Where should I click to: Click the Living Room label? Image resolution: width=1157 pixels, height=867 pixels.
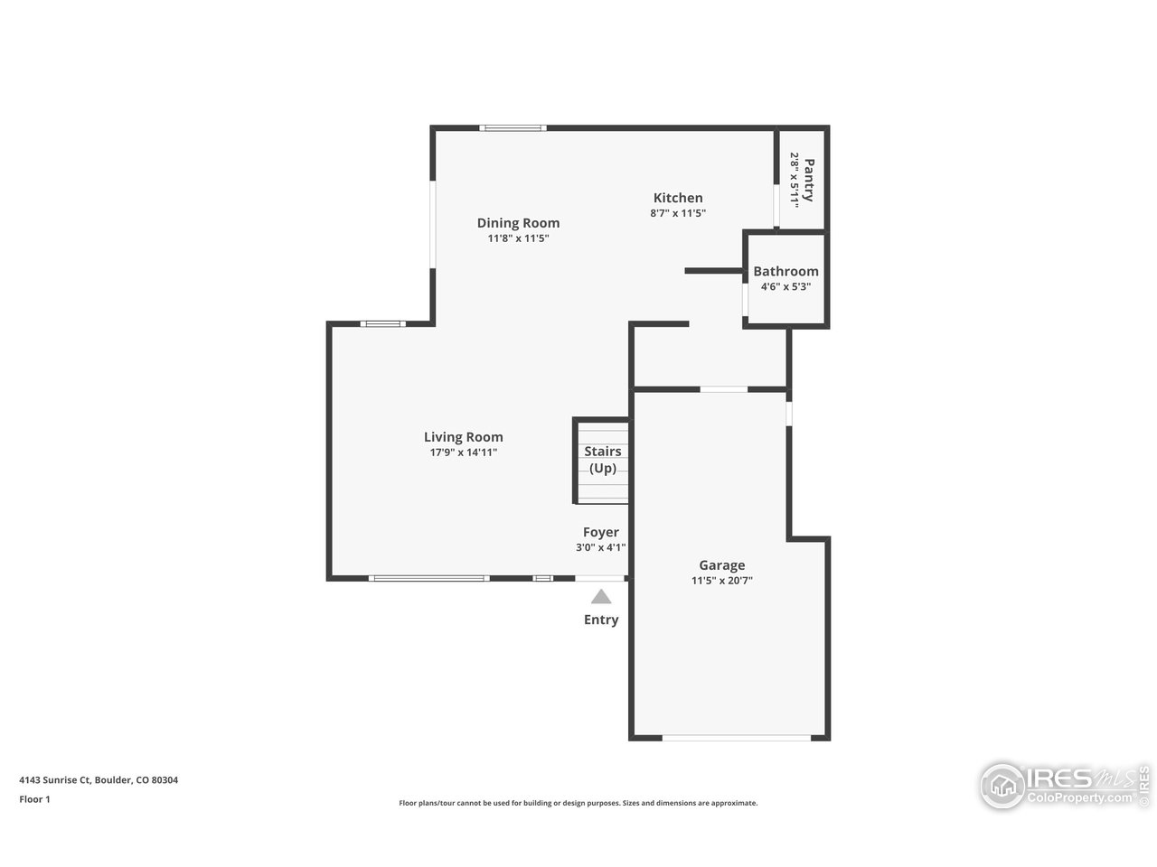pyautogui.click(x=464, y=437)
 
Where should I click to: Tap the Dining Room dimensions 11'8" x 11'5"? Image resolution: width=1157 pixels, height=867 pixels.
pyautogui.click(x=518, y=239)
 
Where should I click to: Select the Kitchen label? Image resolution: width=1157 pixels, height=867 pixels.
pyautogui.click(x=678, y=198)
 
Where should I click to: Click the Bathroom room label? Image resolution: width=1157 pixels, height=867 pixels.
pyautogui.click(x=785, y=271)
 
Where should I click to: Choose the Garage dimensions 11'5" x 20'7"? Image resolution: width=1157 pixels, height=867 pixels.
pyautogui.click(x=721, y=582)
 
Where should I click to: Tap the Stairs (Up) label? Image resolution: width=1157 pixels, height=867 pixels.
pyautogui.click(x=602, y=460)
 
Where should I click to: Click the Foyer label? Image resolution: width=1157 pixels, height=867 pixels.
pyautogui.click(x=600, y=532)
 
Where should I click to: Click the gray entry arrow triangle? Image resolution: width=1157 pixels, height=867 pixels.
pyautogui.click(x=601, y=597)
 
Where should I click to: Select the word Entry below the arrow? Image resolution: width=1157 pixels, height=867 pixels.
pyautogui.click(x=601, y=620)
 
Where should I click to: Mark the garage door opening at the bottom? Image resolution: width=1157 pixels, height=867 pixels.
pyautogui.click(x=736, y=738)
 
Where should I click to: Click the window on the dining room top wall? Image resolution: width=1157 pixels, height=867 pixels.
pyautogui.click(x=513, y=128)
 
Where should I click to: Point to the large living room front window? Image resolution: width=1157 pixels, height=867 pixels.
pyautogui.click(x=429, y=578)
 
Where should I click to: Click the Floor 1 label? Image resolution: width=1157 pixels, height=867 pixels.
pyautogui.click(x=34, y=799)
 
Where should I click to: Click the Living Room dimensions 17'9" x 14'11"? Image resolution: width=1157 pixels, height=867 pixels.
pyautogui.click(x=464, y=452)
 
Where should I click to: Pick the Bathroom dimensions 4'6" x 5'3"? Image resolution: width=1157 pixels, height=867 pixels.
pyautogui.click(x=785, y=286)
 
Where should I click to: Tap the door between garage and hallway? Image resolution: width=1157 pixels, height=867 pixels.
pyautogui.click(x=723, y=389)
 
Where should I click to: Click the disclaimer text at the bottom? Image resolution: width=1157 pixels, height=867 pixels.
pyautogui.click(x=578, y=803)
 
